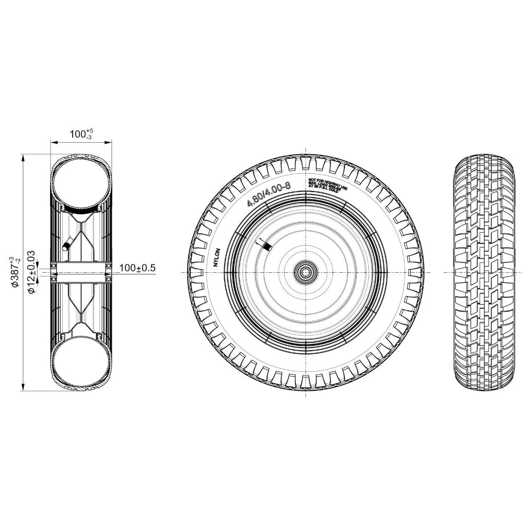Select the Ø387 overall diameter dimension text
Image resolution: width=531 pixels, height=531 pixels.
click(x=14, y=272)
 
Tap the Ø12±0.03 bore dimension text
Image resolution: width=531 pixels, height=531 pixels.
click(x=31, y=272)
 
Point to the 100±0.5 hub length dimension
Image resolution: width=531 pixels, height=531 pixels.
click(x=137, y=268)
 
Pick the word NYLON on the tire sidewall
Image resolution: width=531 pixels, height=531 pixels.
click(x=216, y=257)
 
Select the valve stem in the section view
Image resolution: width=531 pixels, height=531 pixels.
click(x=66, y=245)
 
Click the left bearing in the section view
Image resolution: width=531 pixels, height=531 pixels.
click(x=54, y=272)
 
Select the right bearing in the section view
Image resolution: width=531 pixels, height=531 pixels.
click(x=108, y=272)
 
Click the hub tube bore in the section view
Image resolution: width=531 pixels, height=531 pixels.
click(x=81, y=272)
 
